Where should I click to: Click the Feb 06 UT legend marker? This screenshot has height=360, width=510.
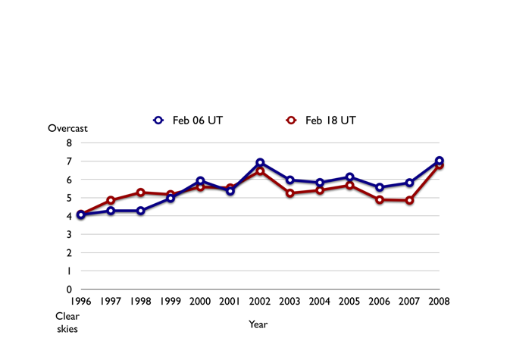[x=158, y=120]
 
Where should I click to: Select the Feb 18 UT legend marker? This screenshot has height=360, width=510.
[x=289, y=120]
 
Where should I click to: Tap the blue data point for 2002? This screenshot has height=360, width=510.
[x=260, y=162]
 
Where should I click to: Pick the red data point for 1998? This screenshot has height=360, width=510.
[x=141, y=193]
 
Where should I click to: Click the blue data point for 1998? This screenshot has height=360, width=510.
[x=141, y=211]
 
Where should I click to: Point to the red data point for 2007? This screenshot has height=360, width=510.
[x=409, y=200]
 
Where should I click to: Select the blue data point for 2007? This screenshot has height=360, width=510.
[x=409, y=183]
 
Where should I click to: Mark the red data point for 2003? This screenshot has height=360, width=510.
[x=289, y=193]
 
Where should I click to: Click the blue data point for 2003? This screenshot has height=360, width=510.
[x=289, y=180]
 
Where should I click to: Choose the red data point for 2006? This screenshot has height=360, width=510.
[x=380, y=199]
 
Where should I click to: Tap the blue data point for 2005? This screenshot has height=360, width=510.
[x=349, y=177]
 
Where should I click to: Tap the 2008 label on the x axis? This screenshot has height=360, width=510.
[x=439, y=301]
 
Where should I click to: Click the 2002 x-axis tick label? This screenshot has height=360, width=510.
[x=260, y=301]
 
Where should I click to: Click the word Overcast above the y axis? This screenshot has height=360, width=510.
[x=68, y=128]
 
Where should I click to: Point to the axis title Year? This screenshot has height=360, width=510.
[x=258, y=324]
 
